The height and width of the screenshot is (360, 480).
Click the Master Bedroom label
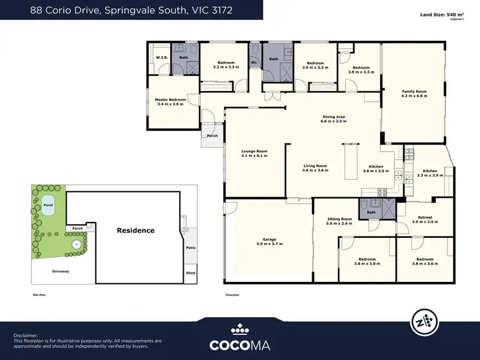[170, 100]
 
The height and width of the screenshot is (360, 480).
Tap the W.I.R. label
[162, 58]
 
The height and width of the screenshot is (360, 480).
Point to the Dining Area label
[333, 116]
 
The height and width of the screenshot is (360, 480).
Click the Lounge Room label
[254, 151]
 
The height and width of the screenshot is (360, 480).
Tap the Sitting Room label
[340, 219]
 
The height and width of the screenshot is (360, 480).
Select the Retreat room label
[425, 217]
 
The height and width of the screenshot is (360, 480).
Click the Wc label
[254, 63]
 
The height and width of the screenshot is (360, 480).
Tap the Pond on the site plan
[48, 206]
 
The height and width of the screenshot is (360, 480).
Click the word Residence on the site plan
[135, 230]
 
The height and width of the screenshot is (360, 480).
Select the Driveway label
[61, 272]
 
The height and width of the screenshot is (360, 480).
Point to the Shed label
[190, 272]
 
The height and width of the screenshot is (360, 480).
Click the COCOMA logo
[240, 345]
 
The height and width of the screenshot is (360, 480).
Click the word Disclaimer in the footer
[26, 335]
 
